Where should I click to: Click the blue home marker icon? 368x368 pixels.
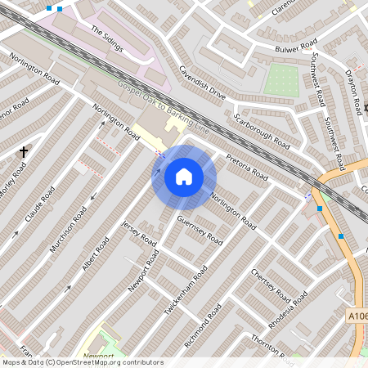(x=184, y=177)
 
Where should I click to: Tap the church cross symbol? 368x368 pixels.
(x=24, y=151)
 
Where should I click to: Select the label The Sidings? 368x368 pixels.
(x=106, y=38)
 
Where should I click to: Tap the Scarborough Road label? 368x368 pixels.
(x=262, y=130)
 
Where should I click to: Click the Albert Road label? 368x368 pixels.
(x=96, y=256)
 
